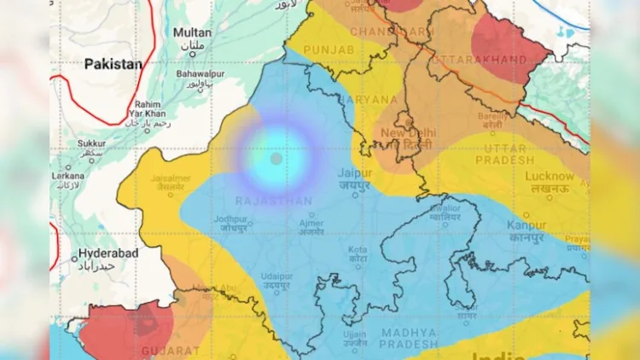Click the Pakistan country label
(112, 63)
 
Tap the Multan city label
(192, 32)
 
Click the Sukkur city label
(91, 144)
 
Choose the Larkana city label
(67, 176)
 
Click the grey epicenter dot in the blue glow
(276, 159)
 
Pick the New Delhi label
(407, 133)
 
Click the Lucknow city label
(550, 176)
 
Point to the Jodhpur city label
(230, 218)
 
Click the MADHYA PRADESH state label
(409, 338)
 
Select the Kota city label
(358, 250)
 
